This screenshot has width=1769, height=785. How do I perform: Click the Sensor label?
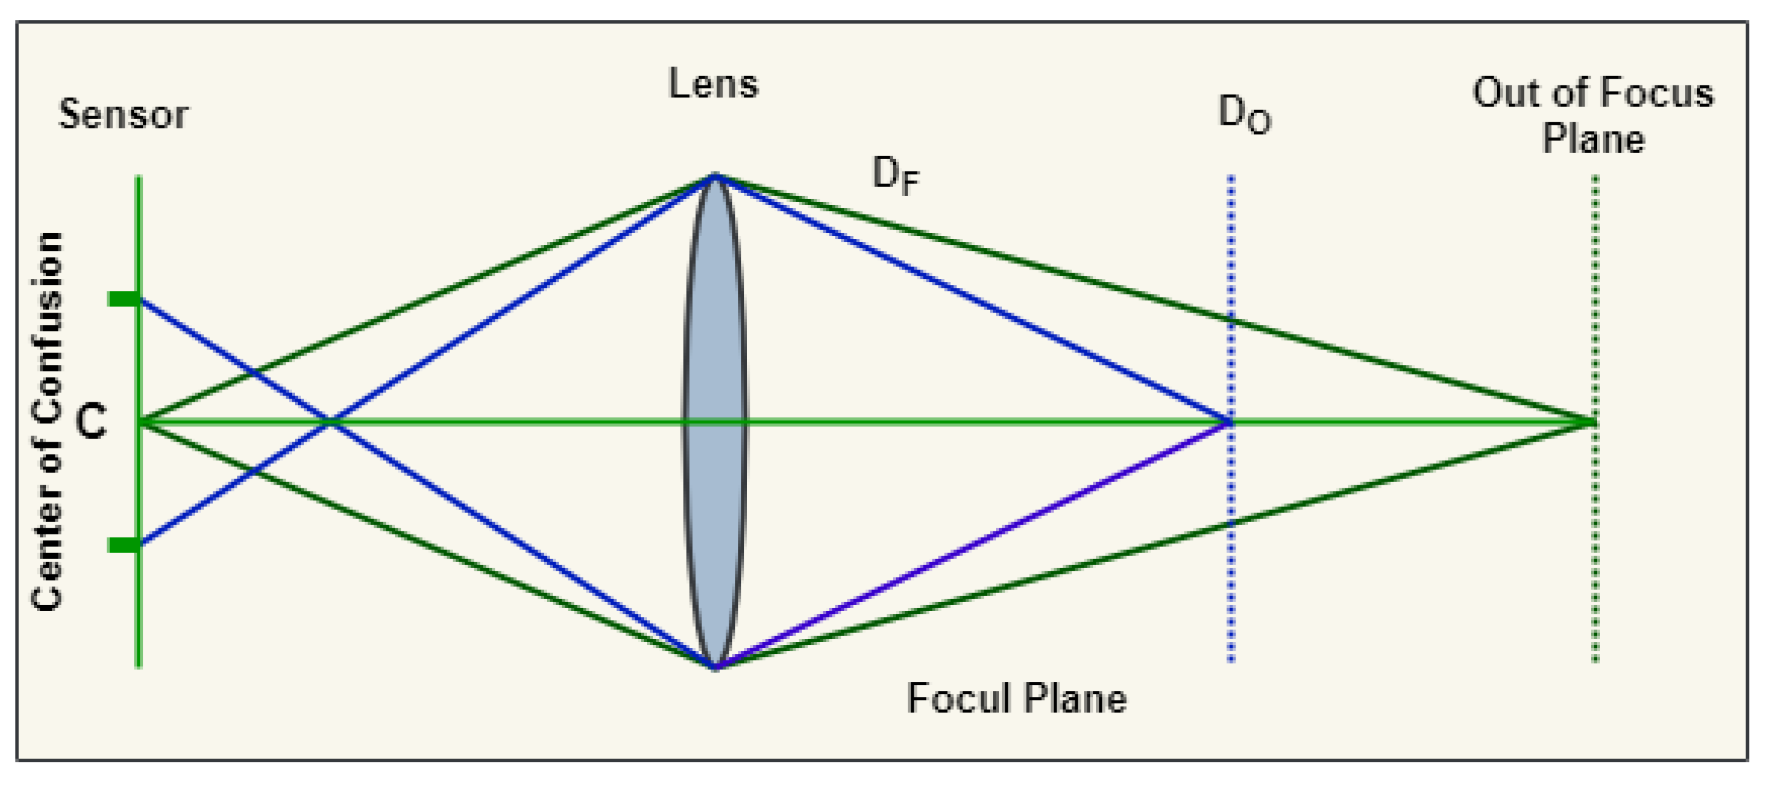(123, 114)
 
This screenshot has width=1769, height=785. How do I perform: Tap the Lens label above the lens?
(713, 85)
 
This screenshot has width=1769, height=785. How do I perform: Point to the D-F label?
(895, 175)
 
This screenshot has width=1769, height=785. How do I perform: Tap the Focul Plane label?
(1016, 699)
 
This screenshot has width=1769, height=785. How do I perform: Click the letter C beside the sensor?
(91, 421)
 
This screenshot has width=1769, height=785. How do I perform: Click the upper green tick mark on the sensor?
(124, 299)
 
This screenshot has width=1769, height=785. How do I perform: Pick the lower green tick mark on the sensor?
(124, 545)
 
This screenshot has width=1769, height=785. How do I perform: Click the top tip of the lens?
(715, 176)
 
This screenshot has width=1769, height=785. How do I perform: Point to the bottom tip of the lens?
(715, 666)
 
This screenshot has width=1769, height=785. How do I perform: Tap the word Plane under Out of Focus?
(1593, 139)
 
